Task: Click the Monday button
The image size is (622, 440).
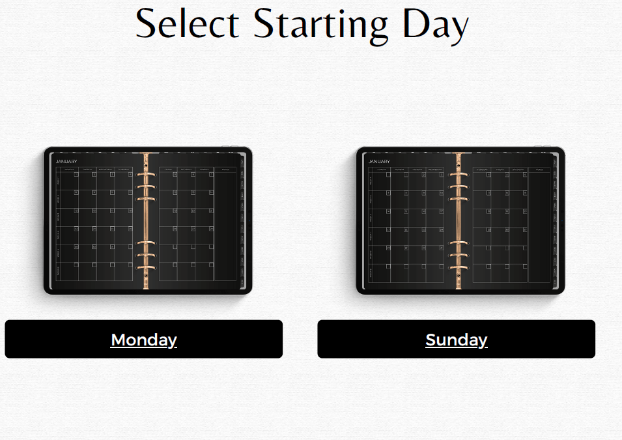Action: point(143,340)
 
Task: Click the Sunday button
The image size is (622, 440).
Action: point(456,340)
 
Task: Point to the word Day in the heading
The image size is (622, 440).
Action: point(435,24)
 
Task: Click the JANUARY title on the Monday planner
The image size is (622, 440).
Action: point(66,162)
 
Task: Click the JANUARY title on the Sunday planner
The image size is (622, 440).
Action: point(379,162)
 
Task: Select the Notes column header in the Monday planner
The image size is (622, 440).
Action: point(225,170)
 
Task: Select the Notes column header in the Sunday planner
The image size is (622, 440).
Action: point(539,170)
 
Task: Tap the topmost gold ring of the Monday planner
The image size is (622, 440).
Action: point(147,175)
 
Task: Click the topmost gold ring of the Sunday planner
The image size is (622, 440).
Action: point(459,175)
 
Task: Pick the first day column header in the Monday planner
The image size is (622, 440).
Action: point(69,170)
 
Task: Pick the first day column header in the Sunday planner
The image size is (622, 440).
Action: point(380,170)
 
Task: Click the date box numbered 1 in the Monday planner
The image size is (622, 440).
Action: point(76,174)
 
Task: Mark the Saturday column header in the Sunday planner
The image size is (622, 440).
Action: point(519,170)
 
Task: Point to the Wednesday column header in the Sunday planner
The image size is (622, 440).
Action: point(435,170)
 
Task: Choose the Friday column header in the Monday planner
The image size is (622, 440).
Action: point(168,170)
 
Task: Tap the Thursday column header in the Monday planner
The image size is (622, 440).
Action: point(124,170)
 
